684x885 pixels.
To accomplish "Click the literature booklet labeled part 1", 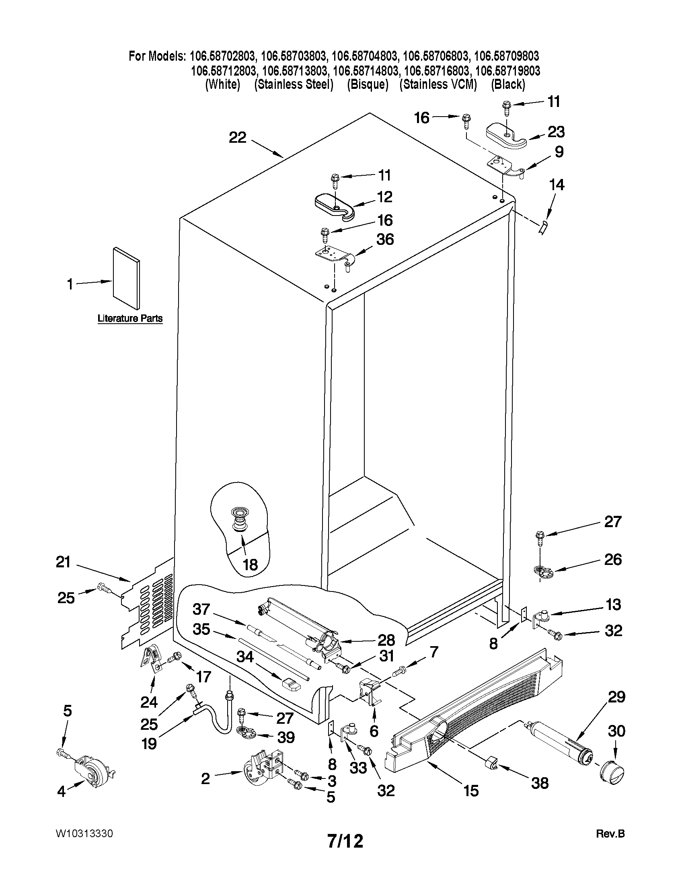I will click(127, 277).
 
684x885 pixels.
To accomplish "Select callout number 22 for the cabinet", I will click(238, 138).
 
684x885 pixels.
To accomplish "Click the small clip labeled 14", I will click(544, 227).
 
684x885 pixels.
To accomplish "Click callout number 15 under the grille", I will click(471, 791).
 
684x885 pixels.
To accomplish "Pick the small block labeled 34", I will click(292, 684).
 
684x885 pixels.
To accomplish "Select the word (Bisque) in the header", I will click(368, 84).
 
